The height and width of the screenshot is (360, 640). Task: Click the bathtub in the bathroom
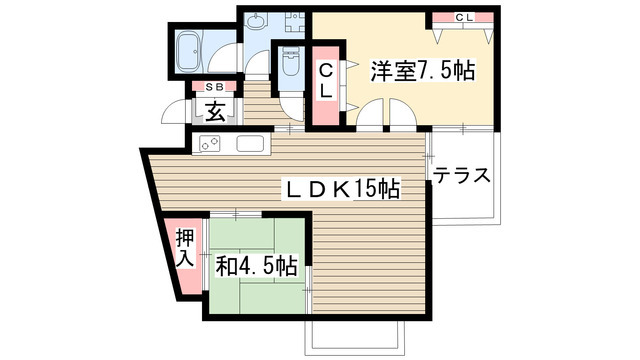pyautogui.click(x=186, y=49)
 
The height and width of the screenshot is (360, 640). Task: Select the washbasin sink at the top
pyautogui.click(x=257, y=21)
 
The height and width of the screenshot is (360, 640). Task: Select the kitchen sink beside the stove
pyautogui.click(x=251, y=144)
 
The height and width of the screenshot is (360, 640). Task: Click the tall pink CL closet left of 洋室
pyautogui.click(x=327, y=86)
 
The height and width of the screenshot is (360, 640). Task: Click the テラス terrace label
pyautogui.click(x=462, y=176)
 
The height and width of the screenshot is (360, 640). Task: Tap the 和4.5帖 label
pyautogui.click(x=257, y=267)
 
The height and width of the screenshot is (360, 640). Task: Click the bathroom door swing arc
pyautogui.click(x=224, y=49)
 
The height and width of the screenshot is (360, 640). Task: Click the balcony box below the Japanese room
pyautogui.click(x=354, y=336)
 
